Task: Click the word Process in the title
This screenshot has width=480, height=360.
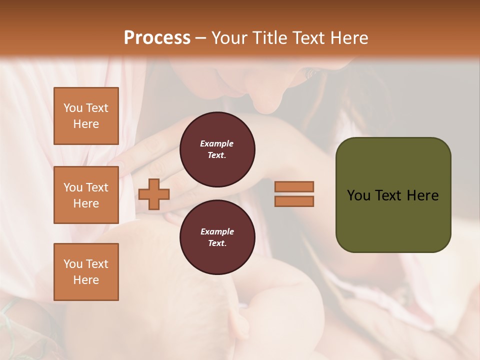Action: click(157, 38)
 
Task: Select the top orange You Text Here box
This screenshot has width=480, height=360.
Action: click(86, 116)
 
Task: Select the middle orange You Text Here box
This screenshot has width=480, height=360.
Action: click(86, 195)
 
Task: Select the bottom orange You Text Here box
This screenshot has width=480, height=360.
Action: click(86, 272)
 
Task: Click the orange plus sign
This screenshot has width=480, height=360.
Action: click(154, 194)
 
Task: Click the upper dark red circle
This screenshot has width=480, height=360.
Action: click(217, 149)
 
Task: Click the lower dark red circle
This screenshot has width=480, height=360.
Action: click(217, 237)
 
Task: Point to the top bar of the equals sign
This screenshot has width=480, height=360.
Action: click(294, 186)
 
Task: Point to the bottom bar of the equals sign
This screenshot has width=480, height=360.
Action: click(294, 201)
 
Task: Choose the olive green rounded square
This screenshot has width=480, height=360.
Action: click(393, 195)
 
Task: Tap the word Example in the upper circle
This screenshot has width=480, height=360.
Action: click(217, 143)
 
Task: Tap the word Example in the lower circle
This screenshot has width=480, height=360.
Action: click(217, 231)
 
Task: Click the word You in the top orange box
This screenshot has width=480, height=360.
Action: click(72, 108)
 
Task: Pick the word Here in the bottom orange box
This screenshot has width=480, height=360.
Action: click(86, 280)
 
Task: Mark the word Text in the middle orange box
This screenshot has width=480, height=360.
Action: click(96, 187)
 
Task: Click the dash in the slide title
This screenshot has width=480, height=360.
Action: click(200, 38)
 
